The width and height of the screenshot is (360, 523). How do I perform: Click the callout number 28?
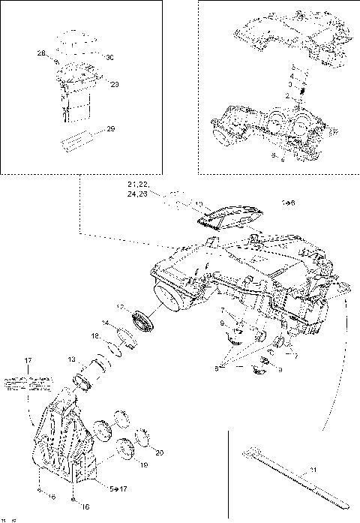[x=41, y=53]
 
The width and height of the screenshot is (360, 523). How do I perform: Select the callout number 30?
[x=109, y=58]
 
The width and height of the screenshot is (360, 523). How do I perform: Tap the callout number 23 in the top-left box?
[x=115, y=84]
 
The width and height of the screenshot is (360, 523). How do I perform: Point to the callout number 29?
[x=110, y=130]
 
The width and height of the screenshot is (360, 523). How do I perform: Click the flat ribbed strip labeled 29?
[x=78, y=140]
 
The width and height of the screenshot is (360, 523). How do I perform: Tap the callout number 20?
[x=158, y=452]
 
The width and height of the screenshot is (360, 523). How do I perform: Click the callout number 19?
[x=143, y=464]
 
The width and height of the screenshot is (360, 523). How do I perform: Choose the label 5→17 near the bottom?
[x=118, y=488]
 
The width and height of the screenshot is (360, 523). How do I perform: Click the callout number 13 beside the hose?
[x=72, y=359]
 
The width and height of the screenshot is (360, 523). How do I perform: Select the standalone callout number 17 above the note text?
[x=28, y=362]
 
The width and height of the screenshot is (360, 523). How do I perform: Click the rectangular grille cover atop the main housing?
[x=229, y=217]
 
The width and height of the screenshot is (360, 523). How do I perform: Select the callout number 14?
[x=106, y=323]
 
